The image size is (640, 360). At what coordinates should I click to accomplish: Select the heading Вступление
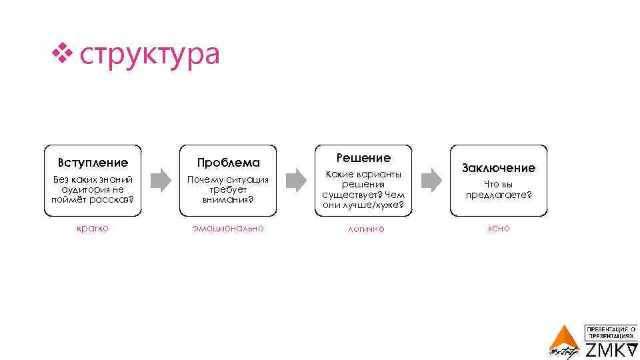pyautogui.click(x=93, y=162)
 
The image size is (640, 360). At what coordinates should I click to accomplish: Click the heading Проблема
pyautogui.click(x=228, y=163)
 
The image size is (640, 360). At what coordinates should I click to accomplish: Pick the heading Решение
pyautogui.click(x=363, y=158)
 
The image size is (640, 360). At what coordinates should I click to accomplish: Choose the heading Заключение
pyautogui.click(x=499, y=168)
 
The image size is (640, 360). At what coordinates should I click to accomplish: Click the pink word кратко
pyautogui.click(x=93, y=228)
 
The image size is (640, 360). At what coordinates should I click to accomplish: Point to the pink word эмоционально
pyautogui.click(x=228, y=228)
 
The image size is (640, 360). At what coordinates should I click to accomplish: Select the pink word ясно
pyautogui.click(x=499, y=228)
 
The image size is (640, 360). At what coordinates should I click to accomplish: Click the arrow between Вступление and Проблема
pyautogui.click(x=160, y=180)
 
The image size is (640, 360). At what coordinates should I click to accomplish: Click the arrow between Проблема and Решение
pyautogui.click(x=295, y=180)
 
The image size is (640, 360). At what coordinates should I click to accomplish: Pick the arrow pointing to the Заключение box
pyautogui.click(x=431, y=180)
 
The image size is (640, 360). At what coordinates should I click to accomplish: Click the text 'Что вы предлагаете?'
pyautogui.click(x=499, y=189)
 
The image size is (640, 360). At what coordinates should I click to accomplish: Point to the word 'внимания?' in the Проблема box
pyautogui.click(x=228, y=199)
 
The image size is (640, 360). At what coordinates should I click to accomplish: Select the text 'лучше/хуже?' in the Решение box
pyautogui.click(x=381, y=205)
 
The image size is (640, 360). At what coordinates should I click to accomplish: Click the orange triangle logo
pyautogui.click(x=565, y=339)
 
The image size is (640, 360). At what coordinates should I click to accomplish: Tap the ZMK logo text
pyautogui.click(x=611, y=350)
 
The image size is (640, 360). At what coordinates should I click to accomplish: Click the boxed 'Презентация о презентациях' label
pyautogui.click(x=611, y=332)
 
